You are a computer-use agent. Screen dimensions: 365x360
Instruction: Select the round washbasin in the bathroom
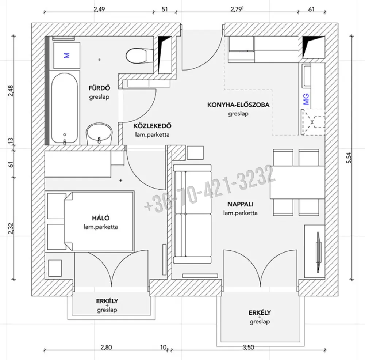[x=99, y=134]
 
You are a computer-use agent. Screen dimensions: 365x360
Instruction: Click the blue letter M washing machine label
[x=66, y=56]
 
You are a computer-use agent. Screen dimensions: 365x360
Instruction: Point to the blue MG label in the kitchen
[x=306, y=99]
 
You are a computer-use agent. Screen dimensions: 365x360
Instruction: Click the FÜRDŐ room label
[x=99, y=88]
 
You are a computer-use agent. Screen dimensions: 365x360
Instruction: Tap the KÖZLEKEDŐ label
[x=152, y=126]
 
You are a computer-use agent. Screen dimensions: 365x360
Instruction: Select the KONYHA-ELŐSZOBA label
[x=238, y=105]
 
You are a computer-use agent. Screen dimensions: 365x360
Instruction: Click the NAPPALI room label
[x=241, y=204]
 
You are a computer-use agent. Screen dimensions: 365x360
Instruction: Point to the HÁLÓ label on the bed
[x=101, y=218]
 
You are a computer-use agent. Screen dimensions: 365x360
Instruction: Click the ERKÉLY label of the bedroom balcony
[x=107, y=301]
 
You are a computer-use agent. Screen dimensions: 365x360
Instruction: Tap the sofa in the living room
[x=192, y=214]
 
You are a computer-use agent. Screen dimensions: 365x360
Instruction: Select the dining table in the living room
[x=297, y=182]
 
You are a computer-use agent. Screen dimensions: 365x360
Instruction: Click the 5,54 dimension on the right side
[x=349, y=158]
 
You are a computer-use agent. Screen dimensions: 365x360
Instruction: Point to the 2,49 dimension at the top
[x=99, y=10]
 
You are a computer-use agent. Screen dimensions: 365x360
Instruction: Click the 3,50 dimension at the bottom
[x=248, y=348]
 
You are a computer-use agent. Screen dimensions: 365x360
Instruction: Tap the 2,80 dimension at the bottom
[x=106, y=348]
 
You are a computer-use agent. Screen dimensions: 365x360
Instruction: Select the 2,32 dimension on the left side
[x=11, y=229]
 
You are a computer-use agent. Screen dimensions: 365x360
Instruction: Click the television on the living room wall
[x=318, y=252]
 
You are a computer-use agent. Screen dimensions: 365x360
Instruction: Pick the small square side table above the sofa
[x=195, y=153]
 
